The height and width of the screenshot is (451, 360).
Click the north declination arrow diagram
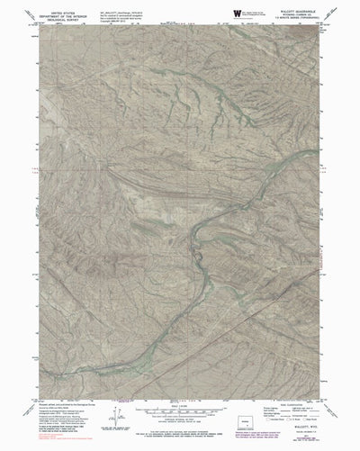coord(116,418)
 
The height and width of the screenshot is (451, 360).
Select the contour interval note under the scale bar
coord(180,423)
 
